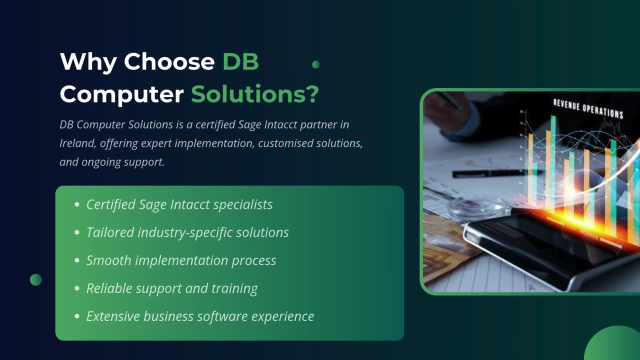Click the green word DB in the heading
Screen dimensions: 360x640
tap(240, 61)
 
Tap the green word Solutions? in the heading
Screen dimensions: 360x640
tap(254, 94)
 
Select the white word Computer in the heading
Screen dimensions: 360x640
tap(121, 94)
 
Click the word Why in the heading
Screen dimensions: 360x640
tap(88, 61)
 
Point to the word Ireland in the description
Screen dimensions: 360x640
tap(77, 143)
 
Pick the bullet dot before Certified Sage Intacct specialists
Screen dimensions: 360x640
tap(76, 204)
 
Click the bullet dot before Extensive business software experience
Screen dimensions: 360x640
tap(76, 316)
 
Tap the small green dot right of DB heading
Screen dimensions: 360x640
tap(315, 64)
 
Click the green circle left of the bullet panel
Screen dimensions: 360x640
tap(35, 279)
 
